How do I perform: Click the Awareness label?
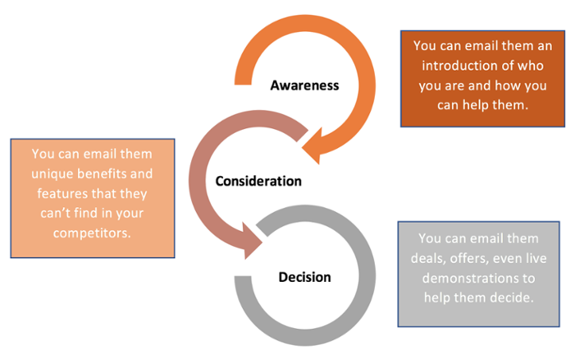(x=304, y=84)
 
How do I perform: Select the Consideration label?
(x=259, y=181)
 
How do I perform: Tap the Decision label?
(x=305, y=277)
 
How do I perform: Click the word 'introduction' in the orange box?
(x=452, y=67)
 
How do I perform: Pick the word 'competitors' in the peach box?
(x=92, y=233)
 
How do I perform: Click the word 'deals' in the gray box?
(x=433, y=259)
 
